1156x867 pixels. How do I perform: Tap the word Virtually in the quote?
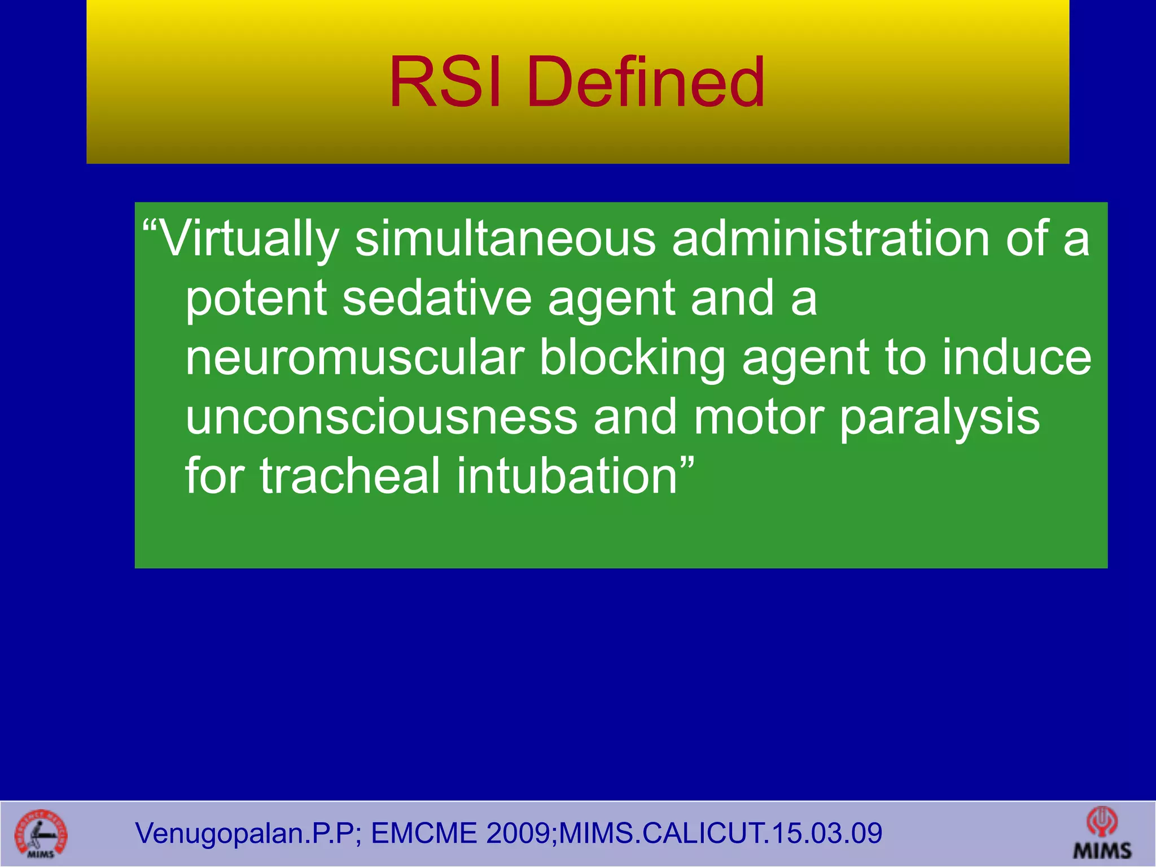pyautogui.click(x=248, y=239)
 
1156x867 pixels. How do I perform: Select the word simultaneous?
pyautogui.click(x=505, y=239)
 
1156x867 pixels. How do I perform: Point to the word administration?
pyautogui.click(x=830, y=239)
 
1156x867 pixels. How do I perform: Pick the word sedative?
pyautogui.click(x=437, y=299)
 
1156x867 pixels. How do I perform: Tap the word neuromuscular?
pyautogui.click(x=355, y=358)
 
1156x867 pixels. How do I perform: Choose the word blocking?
pyautogui.click(x=632, y=358)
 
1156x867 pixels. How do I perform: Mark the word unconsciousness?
pyautogui.click(x=382, y=418)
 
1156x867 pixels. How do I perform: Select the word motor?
pyautogui.click(x=759, y=418)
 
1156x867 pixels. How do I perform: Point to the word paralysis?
pyautogui.click(x=939, y=418)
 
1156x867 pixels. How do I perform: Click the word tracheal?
pyautogui.click(x=349, y=477)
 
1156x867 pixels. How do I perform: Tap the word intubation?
pyautogui.click(x=567, y=477)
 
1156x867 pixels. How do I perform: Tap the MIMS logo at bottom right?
pyautogui.click(x=1102, y=834)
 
